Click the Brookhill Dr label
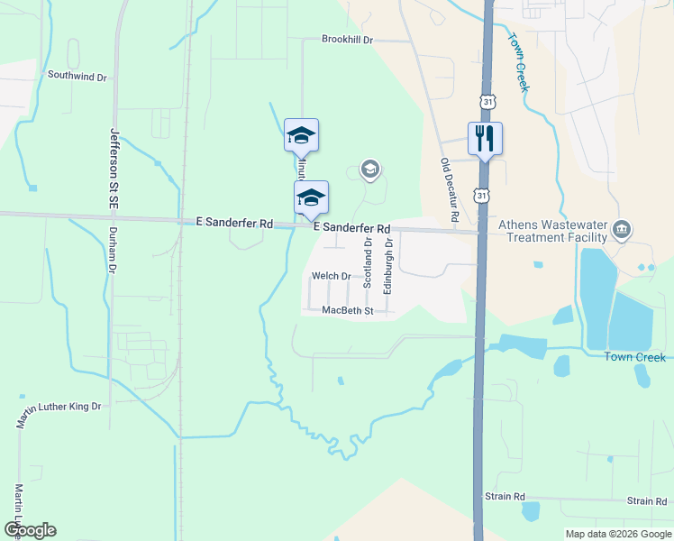click(x=347, y=41)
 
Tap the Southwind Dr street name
click(x=77, y=77)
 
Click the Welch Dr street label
click(x=331, y=276)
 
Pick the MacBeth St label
click(x=347, y=310)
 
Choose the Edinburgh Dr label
click(x=388, y=265)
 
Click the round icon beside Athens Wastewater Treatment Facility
click(x=622, y=231)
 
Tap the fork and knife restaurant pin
click(x=485, y=139)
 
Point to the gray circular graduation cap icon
click(x=369, y=169)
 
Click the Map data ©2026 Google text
click(x=617, y=534)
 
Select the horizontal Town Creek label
click(x=634, y=357)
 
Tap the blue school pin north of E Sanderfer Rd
click(x=301, y=136)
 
